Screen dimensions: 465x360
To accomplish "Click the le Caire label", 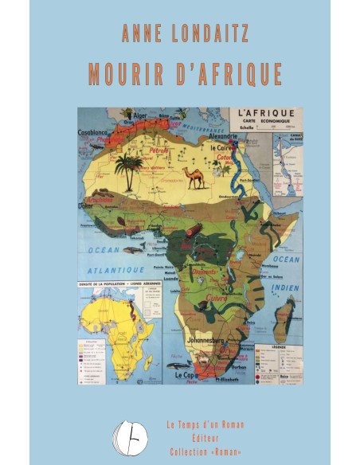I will point(220,147).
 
